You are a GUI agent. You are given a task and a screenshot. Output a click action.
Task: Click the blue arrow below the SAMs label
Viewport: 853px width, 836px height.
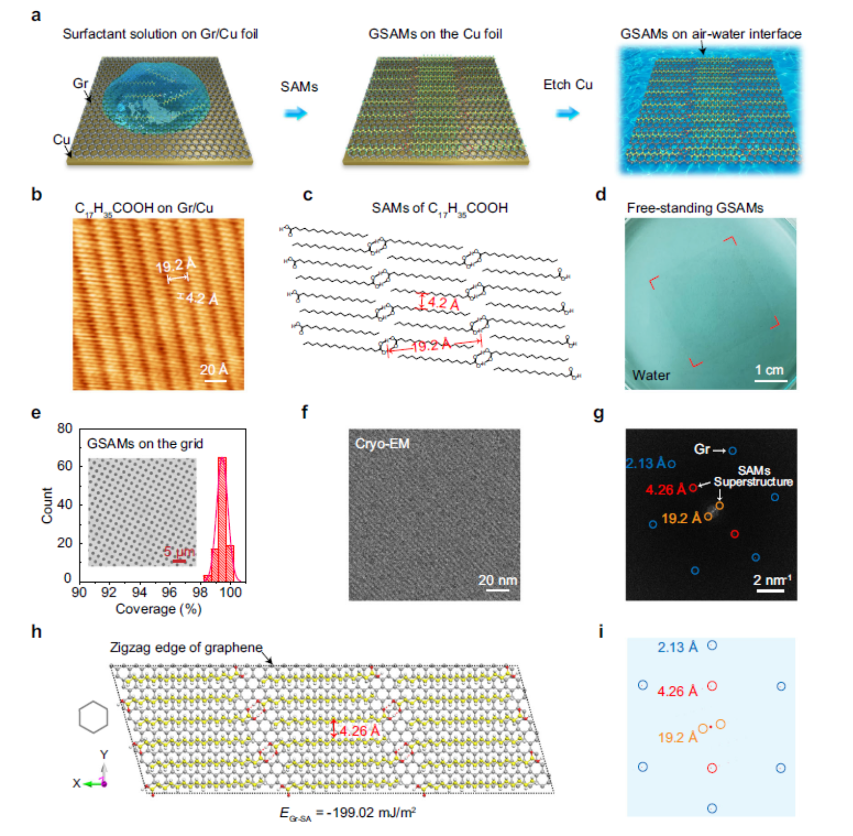[x=296, y=113]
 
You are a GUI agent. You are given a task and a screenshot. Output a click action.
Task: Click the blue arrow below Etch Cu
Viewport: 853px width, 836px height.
[x=568, y=113]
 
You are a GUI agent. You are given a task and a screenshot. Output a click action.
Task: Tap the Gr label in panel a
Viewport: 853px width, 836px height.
[x=80, y=83]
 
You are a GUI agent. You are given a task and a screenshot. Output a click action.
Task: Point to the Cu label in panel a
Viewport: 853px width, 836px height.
[x=61, y=139]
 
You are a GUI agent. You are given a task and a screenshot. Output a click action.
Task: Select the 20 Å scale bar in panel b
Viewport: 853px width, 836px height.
[x=215, y=380]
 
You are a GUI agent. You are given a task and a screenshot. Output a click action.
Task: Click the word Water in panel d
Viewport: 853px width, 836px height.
[x=651, y=375]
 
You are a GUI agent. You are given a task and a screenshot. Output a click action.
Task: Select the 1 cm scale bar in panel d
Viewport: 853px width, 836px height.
[x=770, y=380]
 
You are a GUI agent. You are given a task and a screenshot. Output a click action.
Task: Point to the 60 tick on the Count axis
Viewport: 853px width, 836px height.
[x=65, y=466]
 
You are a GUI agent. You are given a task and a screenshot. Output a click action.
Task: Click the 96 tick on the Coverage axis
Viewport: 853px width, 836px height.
[x=169, y=592]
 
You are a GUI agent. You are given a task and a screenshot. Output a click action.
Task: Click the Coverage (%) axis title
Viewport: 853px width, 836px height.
[x=158, y=609]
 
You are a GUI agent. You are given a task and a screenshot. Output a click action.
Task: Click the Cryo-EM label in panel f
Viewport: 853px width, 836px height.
[x=382, y=444]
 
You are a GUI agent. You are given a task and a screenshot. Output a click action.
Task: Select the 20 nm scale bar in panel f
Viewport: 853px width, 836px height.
[x=497, y=590]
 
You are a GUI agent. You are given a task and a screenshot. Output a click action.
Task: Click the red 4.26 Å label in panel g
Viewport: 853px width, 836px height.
[x=665, y=489]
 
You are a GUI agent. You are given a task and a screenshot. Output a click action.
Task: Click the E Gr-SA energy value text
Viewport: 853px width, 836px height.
[x=347, y=813]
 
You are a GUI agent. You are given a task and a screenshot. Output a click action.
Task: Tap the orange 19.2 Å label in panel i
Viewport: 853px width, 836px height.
[x=678, y=737]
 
